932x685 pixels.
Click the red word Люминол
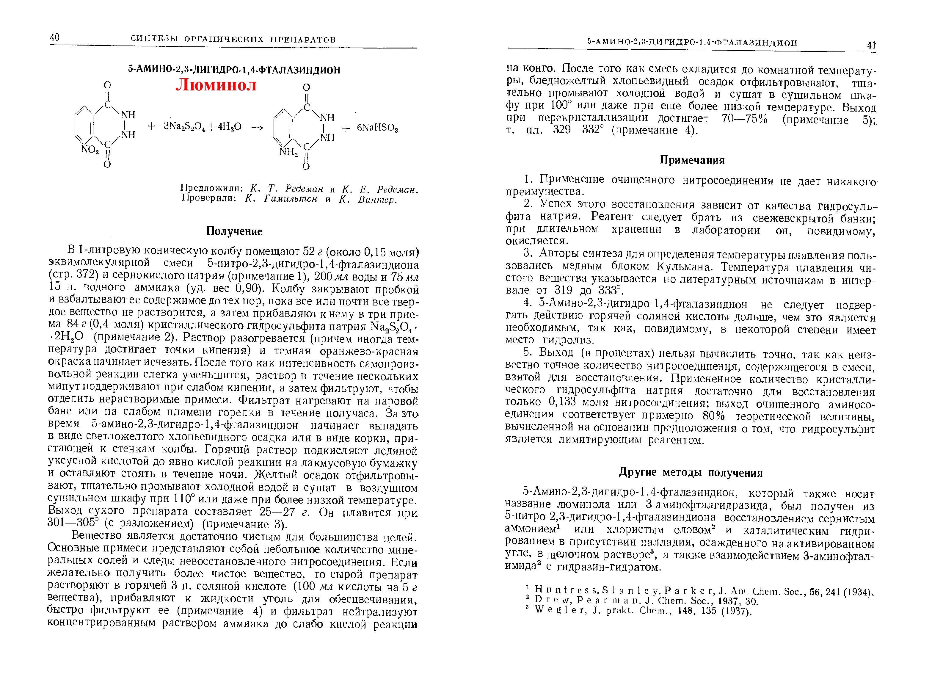pyautogui.click(x=216, y=85)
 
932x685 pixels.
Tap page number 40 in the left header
pyautogui.click(x=55, y=38)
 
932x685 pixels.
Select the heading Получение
pyautogui.click(x=234, y=231)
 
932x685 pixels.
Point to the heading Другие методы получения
pyautogui.click(x=691, y=473)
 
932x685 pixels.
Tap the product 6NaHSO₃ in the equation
pyautogui.click(x=377, y=128)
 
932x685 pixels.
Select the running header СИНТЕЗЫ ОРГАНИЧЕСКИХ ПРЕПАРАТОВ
pyautogui.click(x=233, y=39)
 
